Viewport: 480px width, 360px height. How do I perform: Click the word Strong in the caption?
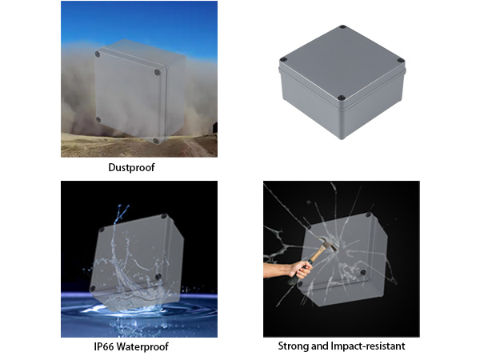point(294,346)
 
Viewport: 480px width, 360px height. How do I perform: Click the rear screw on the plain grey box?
point(342,28)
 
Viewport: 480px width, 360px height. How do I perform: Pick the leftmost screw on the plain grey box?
point(282,62)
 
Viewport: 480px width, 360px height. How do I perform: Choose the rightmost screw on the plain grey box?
point(401,58)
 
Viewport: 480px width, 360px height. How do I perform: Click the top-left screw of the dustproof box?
point(98,54)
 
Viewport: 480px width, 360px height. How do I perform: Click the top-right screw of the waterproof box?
point(164,218)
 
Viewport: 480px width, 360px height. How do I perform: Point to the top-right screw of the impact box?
point(370,215)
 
